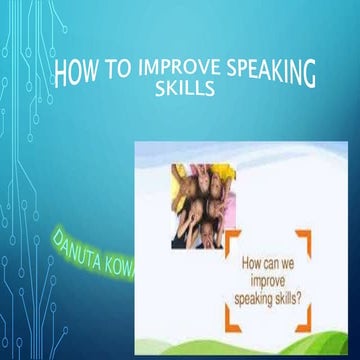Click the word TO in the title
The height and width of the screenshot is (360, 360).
pos(117,71)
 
